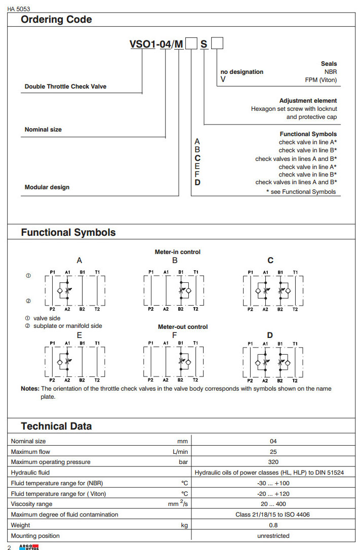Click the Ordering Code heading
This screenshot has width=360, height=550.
point(56,20)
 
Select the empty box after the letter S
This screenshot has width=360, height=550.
point(217,44)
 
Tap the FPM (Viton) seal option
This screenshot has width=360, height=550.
point(321,80)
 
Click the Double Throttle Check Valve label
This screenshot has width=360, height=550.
point(65,87)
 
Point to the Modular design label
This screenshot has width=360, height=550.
point(47,187)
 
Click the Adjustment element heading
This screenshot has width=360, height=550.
point(308,101)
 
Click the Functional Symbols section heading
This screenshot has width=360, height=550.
point(68,233)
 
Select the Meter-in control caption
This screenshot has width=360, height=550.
point(177,252)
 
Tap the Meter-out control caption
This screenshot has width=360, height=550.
point(183,327)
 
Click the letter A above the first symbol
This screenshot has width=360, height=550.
point(79,261)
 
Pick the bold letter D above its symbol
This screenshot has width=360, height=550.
point(270,335)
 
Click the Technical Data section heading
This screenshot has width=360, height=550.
point(56,426)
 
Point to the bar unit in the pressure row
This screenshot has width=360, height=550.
point(183,462)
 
